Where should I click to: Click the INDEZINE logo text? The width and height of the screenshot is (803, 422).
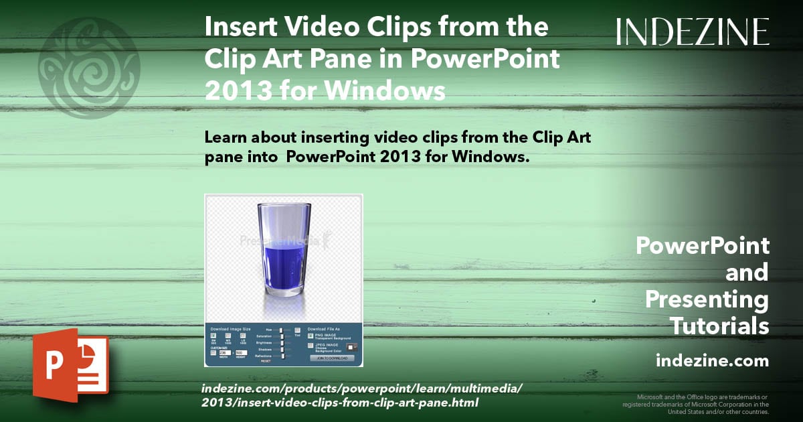click(693, 31)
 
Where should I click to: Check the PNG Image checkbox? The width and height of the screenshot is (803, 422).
click(310, 336)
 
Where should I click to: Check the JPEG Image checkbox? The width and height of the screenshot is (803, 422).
click(310, 346)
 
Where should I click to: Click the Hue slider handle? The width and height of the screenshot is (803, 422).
click(282, 330)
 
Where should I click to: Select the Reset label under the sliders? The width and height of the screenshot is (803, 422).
click(266, 361)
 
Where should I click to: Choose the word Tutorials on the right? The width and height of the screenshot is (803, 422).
click(719, 326)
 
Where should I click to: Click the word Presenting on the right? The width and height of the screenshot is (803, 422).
click(707, 299)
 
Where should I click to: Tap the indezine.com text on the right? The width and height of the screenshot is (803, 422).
click(712, 361)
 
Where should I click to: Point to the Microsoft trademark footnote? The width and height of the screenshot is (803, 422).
click(696, 404)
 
